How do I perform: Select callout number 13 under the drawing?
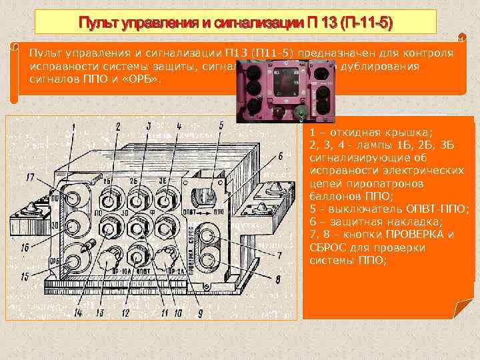(x=99, y=312)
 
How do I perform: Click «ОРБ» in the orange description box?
(x=142, y=80)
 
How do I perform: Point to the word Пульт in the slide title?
(x=98, y=24)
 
